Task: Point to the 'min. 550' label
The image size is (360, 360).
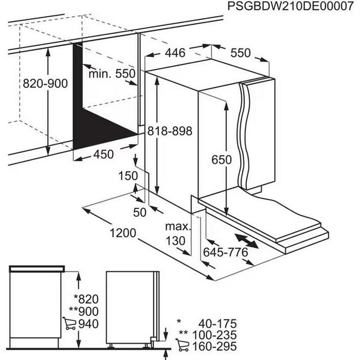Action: pyautogui.click(x=112, y=74)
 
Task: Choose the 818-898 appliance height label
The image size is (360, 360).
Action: pyautogui.click(x=169, y=131)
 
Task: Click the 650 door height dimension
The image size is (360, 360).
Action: pyautogui.click(x=222, y=159)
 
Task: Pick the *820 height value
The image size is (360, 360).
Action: pyautogui.click(x=86, y=299)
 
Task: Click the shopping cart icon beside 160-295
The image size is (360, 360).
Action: pyautogui.click(x=184, y=348)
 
